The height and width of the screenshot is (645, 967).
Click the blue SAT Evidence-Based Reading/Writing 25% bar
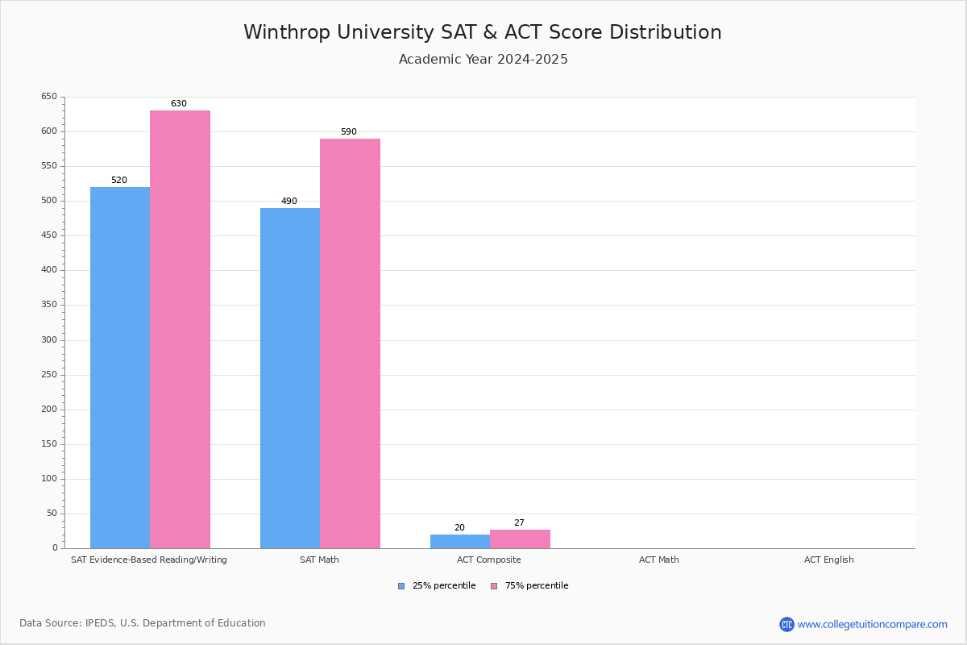click(120, 368)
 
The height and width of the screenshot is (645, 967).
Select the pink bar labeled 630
click(180, 329)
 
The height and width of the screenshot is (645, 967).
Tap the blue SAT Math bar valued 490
click(290, 378)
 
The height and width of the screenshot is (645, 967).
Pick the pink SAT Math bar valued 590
click(350, 343)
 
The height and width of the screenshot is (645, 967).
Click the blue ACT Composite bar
click(460, 541)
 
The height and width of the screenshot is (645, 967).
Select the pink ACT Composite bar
click(520, 539)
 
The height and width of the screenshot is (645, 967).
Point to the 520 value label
click(119, 181)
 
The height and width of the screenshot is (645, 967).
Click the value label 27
click(519, 523)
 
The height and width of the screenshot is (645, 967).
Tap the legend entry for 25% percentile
click(437, 586)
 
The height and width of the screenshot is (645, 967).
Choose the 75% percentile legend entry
click(529, 586)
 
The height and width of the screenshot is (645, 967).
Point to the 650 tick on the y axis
click(49, 97)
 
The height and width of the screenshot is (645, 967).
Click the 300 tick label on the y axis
click(49, 340)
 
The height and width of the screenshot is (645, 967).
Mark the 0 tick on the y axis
click(55, 548)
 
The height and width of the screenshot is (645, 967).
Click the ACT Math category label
click(658, 560)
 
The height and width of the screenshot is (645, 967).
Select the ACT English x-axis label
click(828, 560)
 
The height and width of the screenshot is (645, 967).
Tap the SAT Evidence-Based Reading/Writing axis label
click(149, 560)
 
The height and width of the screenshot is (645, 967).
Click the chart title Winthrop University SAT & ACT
click(483, 32)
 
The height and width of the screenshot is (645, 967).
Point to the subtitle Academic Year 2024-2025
click(483, 60)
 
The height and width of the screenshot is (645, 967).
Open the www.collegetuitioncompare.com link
click(872, 624)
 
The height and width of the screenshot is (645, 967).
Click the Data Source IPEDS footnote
click(143, 623)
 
